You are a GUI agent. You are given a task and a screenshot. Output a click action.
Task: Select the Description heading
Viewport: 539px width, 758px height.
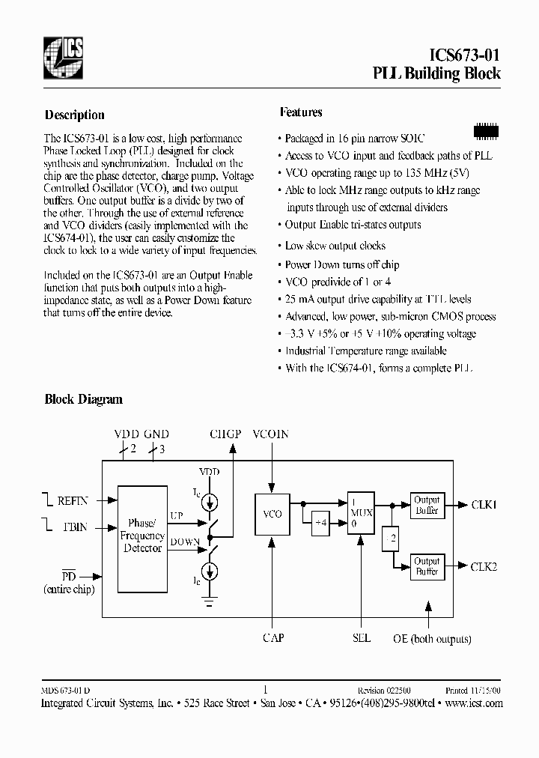click(74, 115)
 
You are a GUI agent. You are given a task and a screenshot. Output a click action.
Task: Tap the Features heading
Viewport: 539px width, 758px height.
click(301, 112)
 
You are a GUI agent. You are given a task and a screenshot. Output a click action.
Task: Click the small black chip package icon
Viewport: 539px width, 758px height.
click(487, 131)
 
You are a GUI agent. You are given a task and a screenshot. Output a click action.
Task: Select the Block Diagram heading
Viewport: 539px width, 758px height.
click(83, 399)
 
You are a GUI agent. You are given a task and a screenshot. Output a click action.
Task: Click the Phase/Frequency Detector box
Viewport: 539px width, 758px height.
click(142, 536)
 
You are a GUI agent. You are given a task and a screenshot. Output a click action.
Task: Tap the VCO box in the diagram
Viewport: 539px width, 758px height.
click(272, 515)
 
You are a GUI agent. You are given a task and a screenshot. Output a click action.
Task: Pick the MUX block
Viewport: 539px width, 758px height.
click(361, 513)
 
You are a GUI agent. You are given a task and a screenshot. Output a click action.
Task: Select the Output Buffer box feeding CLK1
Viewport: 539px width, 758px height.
click(427, 506)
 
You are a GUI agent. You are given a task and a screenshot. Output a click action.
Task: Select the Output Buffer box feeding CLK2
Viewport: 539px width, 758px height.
click(427, 567)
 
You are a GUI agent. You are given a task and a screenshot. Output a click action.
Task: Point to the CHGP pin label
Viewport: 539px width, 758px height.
click(225, 434)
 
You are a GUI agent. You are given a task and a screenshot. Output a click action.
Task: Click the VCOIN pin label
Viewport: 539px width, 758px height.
click(270, 434)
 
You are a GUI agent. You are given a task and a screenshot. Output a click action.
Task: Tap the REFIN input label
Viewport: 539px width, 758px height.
click(73, 500)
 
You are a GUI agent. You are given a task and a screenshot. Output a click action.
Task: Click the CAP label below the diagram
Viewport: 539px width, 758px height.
click(272, 638)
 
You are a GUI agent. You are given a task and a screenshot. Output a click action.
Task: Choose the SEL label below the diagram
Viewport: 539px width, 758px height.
click(361, 638)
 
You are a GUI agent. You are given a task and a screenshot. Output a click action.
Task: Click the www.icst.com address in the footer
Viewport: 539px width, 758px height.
click(474, 703)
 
